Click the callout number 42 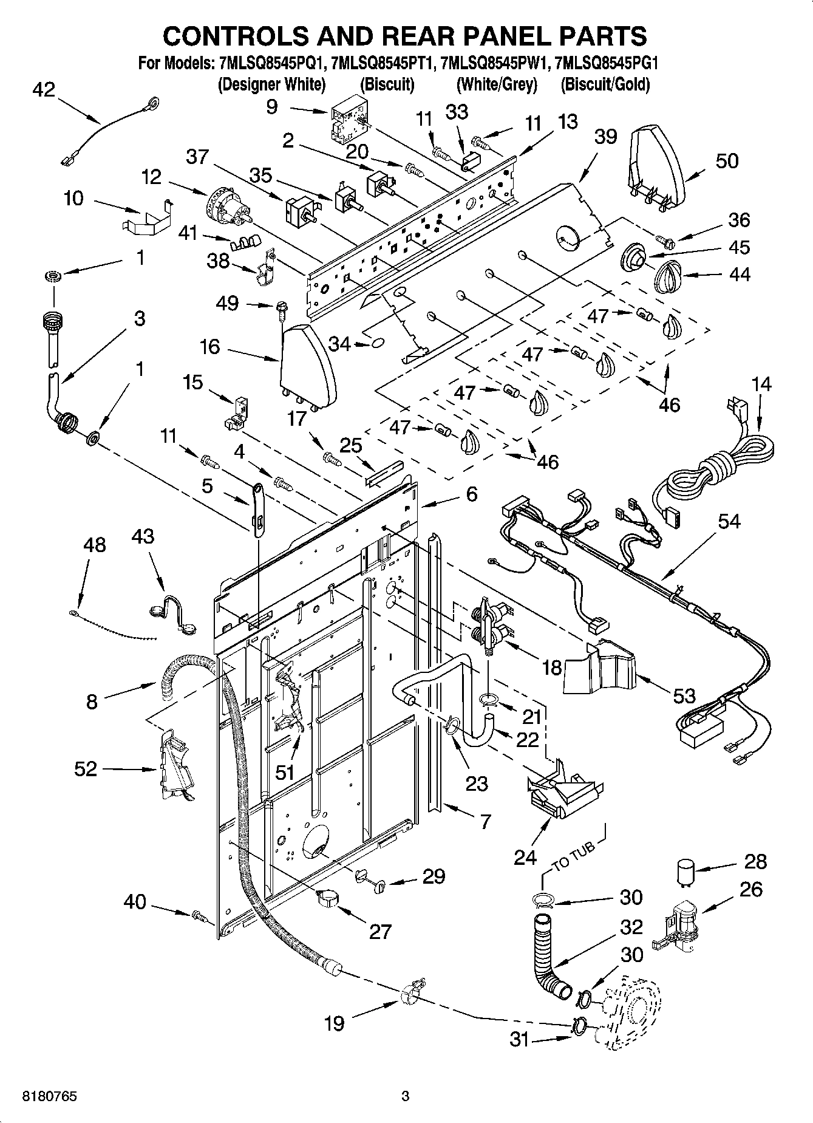(43, 90)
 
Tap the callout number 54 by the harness (729, 521)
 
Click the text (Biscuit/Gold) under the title (605, 84)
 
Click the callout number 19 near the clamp (334, 1023)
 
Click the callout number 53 (684, 695)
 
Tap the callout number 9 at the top (272, 107)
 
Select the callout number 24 (525, 857)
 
